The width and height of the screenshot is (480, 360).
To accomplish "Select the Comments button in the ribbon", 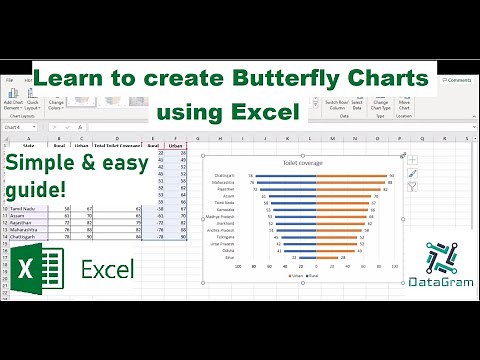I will coord(456,79).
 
